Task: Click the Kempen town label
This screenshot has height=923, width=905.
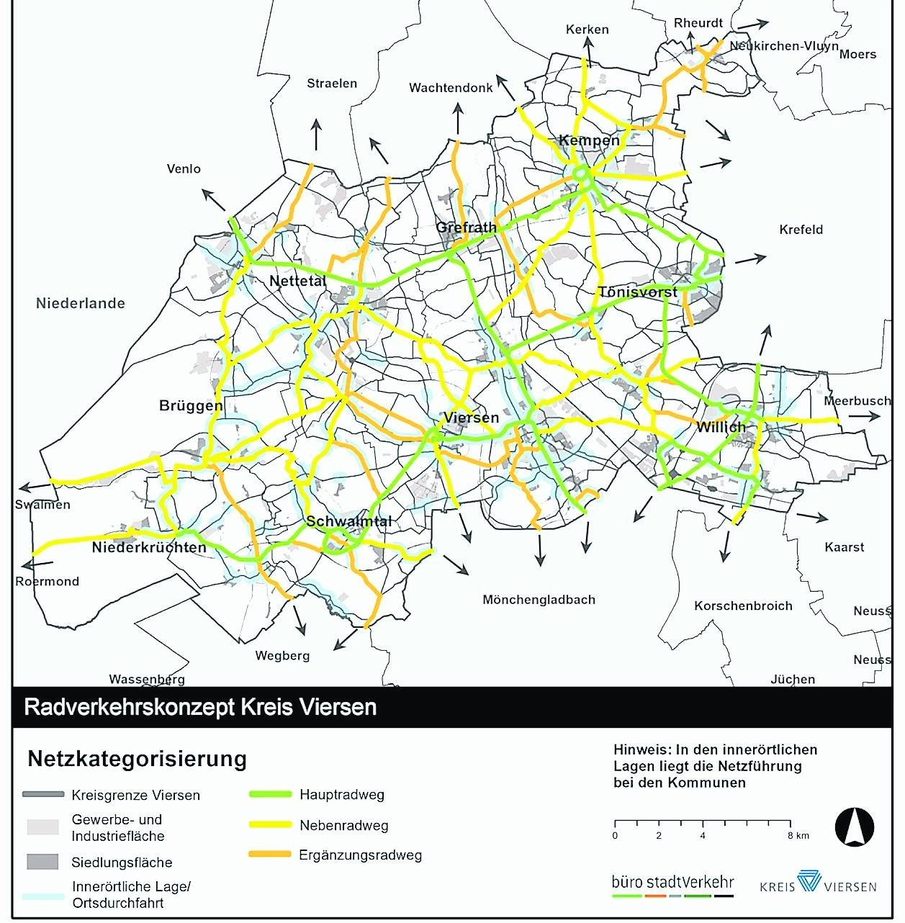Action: click(x=589, y=140)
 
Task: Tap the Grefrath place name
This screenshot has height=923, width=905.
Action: click(x=466, y=228)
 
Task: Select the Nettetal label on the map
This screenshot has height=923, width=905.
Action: click(x=297, y=281)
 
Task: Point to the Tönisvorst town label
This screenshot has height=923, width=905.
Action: click(x=637, y=292)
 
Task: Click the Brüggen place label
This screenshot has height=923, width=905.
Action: click(x=191, y=405)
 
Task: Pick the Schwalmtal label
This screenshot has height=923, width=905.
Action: click(x=349, y=521)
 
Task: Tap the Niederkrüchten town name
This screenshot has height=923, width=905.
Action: click(x=149, y=547)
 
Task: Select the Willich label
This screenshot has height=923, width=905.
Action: click(x=721, y=427)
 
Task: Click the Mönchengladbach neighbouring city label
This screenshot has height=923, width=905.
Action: click(x=539, y=600)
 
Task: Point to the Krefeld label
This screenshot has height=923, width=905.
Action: click(x=801, y=230)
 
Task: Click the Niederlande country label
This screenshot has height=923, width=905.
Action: click(x=81, y=303)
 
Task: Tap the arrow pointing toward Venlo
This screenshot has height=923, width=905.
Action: click(x=213, y=199)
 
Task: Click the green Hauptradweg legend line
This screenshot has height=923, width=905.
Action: click(x=270, y=795)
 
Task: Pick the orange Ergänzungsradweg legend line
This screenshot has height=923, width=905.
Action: click(x=270, y=855)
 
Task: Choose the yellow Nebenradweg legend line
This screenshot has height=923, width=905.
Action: click(x=270, y=825)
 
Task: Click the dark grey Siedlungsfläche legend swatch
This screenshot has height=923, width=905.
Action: click(x=42, y=862)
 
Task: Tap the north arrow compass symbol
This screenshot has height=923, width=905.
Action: click(x=854, y=827)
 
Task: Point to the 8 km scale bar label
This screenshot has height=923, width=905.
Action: click(x=798, y=836)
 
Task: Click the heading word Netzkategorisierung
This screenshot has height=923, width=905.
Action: click(x=137, y=759)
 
